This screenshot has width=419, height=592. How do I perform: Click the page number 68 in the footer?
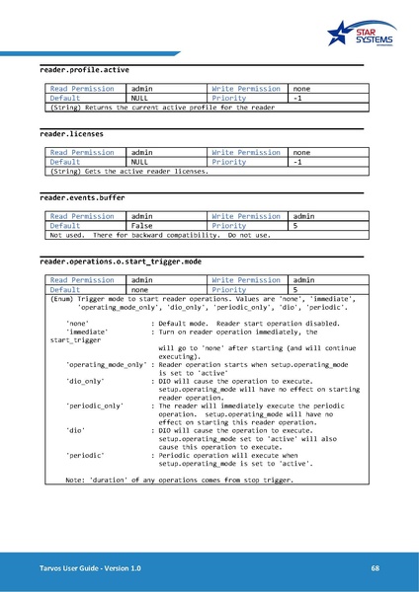376,568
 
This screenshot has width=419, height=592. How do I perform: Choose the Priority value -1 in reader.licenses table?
297,161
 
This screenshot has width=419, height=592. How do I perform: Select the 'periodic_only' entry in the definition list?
94,406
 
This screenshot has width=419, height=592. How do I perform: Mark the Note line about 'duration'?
179,480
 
